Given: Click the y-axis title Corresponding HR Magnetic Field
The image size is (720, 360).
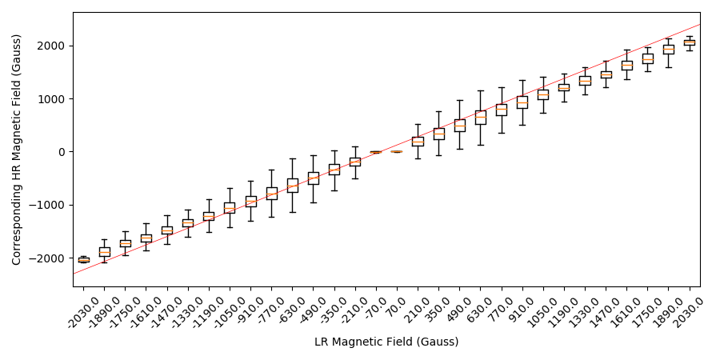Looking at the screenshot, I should [18, 150].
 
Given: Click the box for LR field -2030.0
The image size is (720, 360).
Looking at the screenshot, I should [83, 259].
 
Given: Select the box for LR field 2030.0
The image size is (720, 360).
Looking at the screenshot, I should [690, 42].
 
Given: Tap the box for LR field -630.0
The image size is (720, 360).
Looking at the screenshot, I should [293, 186].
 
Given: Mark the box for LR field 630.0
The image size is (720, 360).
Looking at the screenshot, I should [480, 117].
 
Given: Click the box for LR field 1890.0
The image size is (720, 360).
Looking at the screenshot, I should [669, 50].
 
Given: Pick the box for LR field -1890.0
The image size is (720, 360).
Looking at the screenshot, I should [105, 251].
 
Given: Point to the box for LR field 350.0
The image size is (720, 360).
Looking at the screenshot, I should [438, 134].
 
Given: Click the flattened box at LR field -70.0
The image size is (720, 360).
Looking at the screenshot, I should [375, 152].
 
